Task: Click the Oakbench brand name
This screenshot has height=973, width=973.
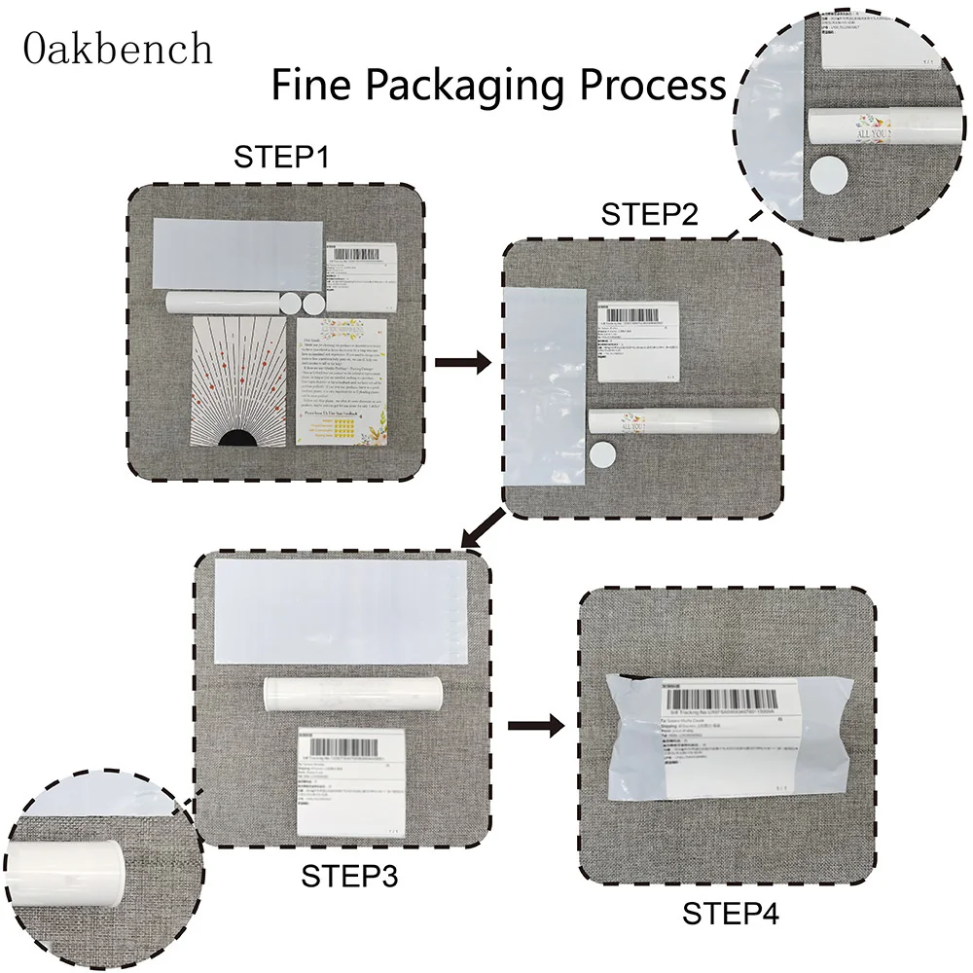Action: tap(119, 48)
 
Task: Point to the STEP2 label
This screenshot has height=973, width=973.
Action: tap(648, 213)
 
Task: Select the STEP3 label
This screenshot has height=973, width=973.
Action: tap(349, 875)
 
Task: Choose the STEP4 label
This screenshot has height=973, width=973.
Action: tap(731, 914)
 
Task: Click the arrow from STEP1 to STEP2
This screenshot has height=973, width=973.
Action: tap(461, 362)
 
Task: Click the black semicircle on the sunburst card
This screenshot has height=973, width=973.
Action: tap(235, 437)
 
